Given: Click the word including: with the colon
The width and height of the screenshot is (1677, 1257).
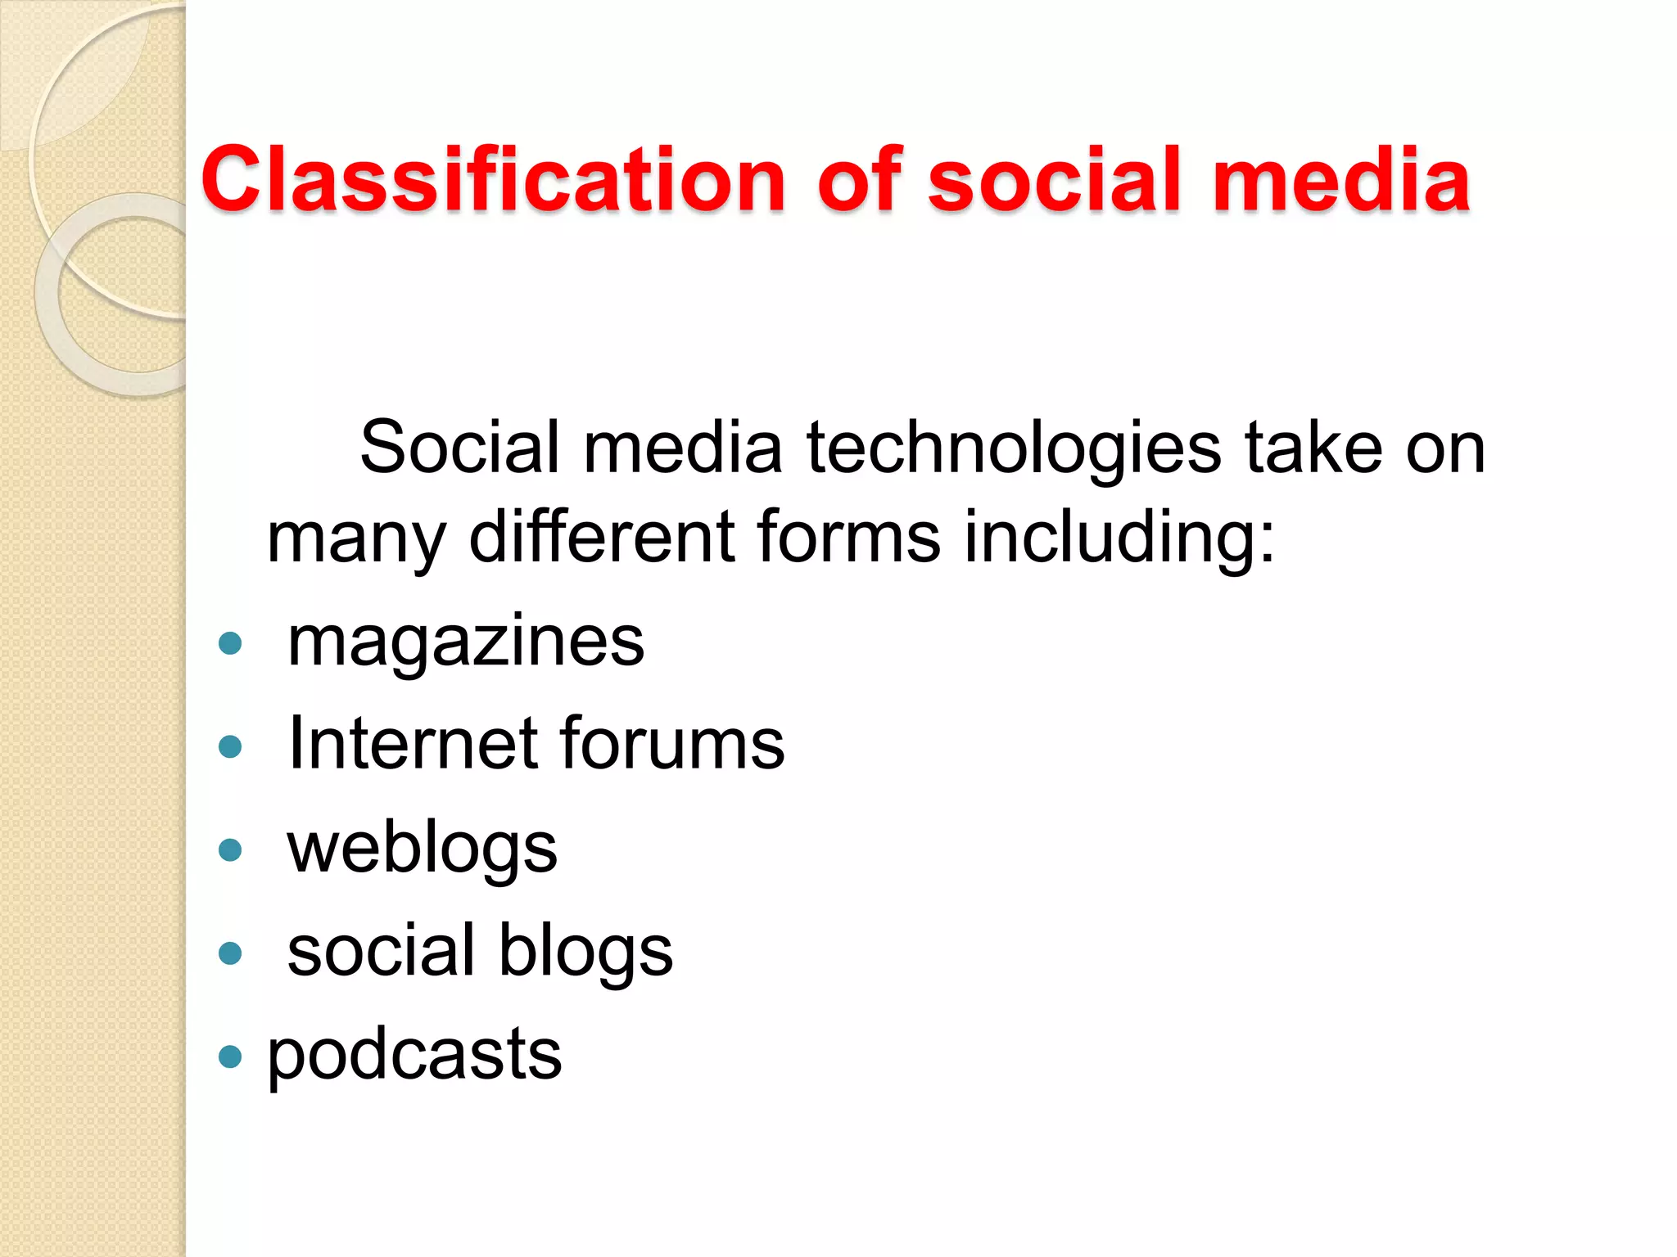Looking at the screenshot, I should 1119,540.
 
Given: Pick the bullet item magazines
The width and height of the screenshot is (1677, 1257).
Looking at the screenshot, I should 466,642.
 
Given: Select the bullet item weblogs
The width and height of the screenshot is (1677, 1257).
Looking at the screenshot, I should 422,849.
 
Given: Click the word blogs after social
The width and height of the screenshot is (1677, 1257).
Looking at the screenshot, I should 585,952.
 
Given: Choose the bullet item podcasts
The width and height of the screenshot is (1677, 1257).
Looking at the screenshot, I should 414,1057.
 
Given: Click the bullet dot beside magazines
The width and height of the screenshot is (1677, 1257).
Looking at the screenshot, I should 231,643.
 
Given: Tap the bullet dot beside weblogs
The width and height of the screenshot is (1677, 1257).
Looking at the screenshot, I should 231,850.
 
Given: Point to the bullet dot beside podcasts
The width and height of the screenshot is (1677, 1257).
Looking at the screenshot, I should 231,1057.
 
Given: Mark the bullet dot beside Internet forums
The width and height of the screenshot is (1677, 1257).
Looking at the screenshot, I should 231,746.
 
